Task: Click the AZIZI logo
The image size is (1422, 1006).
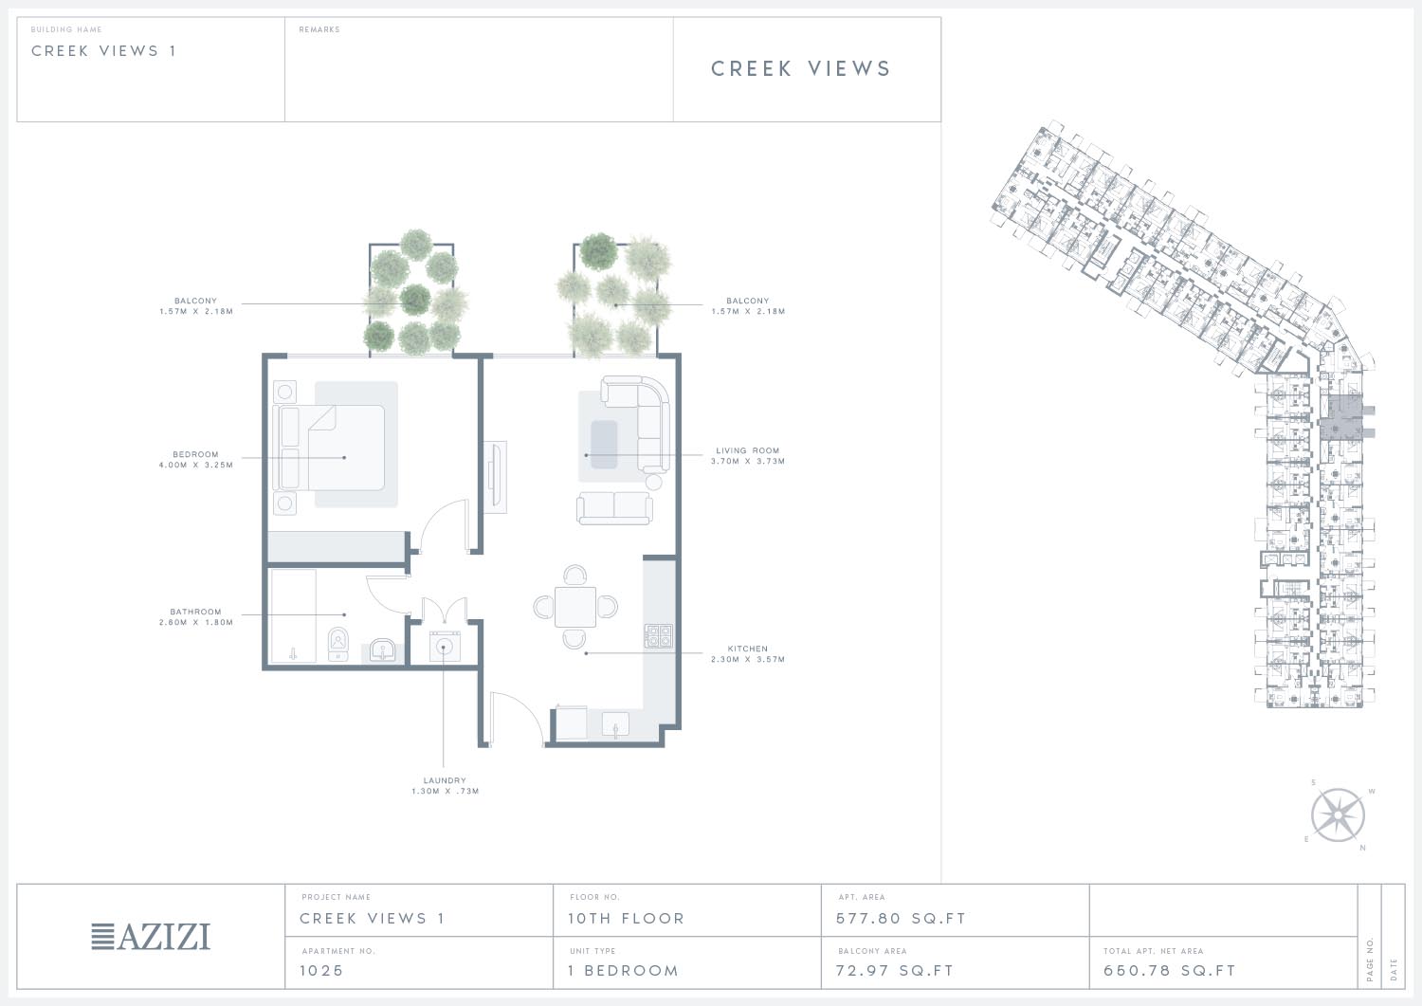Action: click(151, 937)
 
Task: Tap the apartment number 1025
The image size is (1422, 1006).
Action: click(321, 970)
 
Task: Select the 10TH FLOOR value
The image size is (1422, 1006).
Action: click(626, 919)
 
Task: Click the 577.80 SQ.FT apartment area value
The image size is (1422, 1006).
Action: click(901, 919)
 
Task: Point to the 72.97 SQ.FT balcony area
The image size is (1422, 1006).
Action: click(895, 970)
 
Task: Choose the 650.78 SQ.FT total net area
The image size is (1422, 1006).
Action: click(1169, 970)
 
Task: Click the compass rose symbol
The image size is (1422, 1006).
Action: click(1338, 815)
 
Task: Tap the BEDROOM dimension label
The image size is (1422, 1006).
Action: click(195, 459)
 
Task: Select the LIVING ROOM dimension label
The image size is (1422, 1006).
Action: click(748, 455)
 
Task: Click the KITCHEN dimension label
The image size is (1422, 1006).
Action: click(748, 653)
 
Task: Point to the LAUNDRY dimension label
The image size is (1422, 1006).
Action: click(445, 786)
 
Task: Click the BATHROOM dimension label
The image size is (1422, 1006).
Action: click(195, 616)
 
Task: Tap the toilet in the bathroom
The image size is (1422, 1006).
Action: click(338, 644)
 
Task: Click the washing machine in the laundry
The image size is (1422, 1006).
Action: click(445, 647)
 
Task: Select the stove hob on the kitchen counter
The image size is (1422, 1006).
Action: click(658, 635)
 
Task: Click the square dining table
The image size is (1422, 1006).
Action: click(575, 607)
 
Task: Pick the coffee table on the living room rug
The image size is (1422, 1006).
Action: click(604, 444)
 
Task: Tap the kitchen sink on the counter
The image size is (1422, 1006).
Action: click(615, 724)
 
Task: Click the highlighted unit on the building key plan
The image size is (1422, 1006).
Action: click(1341, 417)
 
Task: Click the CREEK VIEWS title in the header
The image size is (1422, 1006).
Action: click(800, 68)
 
